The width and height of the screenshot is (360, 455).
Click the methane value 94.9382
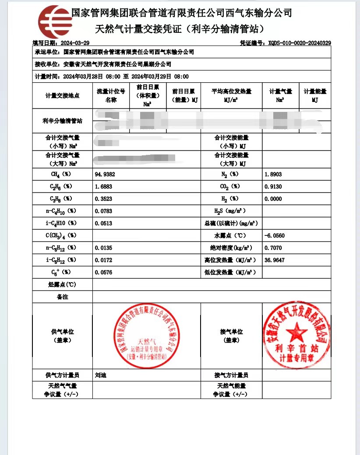click(x=105, y=174)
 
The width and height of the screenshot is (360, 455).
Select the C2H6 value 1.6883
click(x=103, y=186)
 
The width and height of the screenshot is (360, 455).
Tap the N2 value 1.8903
click(x=273, y=174)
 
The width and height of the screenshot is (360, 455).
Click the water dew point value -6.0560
click(x=275, y=235)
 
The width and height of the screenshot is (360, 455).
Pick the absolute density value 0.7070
click(x=273, y=248)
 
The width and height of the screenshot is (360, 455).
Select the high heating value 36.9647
click(x=275, y=260)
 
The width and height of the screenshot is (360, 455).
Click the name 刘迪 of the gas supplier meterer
click(x=101, y=375)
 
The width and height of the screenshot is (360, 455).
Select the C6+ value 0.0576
click(x=103, y=272)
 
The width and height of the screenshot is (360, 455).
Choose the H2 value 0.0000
click(x=273, y=199)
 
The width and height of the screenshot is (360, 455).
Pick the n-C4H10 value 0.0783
click(x=103, y=211)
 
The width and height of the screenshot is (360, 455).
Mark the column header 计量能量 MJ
click(x=315, y=95)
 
